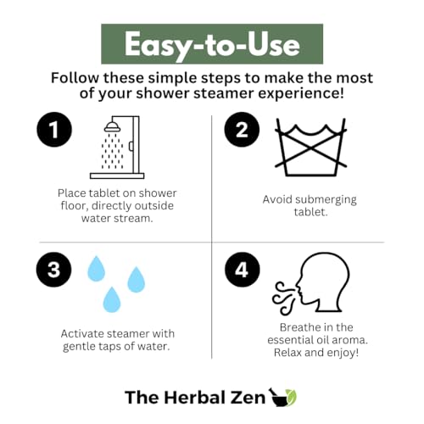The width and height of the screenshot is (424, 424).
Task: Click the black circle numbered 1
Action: pos(54,130)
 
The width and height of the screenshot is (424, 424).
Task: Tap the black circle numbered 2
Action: pos(242,130)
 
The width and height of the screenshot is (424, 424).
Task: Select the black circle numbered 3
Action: pos(53,270)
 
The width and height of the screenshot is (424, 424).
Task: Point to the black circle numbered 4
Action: pos(243,270)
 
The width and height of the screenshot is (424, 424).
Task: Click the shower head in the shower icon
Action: pos(112,127)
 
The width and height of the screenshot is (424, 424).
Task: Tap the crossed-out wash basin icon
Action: pos(310,147)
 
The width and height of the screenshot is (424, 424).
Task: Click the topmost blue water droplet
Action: pos(96,269)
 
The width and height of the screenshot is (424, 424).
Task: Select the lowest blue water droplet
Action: pos(112,299)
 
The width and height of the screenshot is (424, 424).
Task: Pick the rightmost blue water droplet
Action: pos(137,279)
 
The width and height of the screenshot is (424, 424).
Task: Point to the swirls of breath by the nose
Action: pos(283,298)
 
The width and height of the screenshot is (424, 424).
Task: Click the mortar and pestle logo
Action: pos(282,397)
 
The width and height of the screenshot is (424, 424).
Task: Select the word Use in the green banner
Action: pos(274,45)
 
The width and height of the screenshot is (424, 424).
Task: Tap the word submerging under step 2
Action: pos(326,200)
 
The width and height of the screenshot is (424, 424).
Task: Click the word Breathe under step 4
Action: pos(297,327)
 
